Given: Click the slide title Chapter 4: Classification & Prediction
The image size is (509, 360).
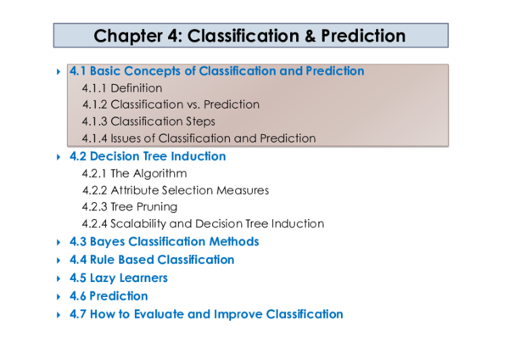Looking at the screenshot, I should coord(249,36).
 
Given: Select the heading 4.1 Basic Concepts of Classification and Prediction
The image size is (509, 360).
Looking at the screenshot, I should coord(216,71).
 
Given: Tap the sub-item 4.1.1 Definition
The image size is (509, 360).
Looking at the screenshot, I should coord(122,87).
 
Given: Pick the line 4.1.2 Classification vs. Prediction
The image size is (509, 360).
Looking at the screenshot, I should coord(171,104).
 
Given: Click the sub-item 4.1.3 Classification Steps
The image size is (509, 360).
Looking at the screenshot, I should coord(148,121).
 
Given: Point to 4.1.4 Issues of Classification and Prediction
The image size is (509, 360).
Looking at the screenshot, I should coord(199,138).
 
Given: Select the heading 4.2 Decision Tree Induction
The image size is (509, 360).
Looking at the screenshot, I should coord(147,156).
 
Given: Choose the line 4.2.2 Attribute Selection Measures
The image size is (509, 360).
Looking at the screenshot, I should coord(175,190).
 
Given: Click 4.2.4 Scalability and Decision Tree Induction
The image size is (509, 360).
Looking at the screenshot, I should coord(203,223).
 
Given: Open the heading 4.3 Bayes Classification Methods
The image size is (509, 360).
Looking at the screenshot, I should coord(164,242).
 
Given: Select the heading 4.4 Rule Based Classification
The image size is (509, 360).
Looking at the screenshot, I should coord(151,260).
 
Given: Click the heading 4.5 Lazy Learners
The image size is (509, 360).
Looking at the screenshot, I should coord(118,278).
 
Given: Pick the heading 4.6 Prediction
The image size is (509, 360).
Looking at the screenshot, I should coord(108,296).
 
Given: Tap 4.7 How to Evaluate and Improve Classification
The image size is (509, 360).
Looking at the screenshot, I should coord(205,314).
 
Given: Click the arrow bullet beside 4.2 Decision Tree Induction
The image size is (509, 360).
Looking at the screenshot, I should coord(58,157).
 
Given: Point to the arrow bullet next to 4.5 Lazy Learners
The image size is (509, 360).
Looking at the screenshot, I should coord(58,278).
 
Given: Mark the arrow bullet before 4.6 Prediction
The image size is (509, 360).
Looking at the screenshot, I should coord(58,297).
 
